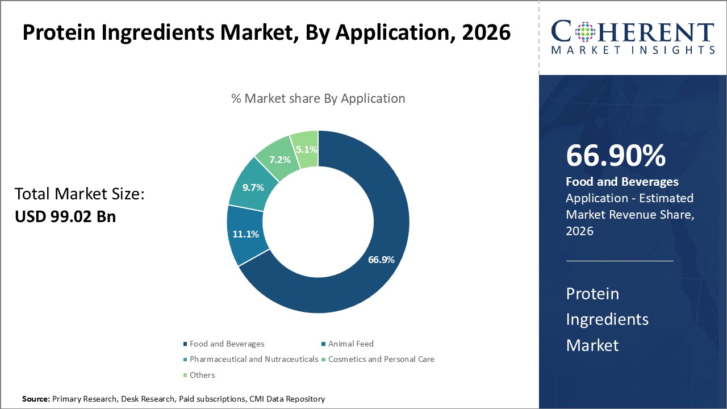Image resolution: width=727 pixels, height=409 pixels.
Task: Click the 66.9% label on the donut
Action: click(x=381, y=260)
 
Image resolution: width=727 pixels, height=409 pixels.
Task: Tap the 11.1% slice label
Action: click(x=245, y=233)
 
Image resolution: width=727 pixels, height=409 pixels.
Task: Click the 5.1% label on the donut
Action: click(x=307, y=149)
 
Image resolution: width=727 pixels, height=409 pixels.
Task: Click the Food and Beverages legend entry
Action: click(x=227, y=344)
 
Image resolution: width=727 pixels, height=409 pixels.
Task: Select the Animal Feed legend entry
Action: click(x=350, y=344)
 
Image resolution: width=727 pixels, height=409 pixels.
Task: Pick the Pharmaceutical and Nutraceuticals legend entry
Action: click(x=253, y=359)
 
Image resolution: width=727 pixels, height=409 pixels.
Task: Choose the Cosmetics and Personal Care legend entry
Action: click(x=381, y=359)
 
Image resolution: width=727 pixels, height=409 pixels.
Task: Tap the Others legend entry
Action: click(x=202, y=375)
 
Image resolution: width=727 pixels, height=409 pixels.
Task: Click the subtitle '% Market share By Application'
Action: click(x=318, y=98)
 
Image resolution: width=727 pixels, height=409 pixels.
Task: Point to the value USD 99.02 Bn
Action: click(x=65, y=216)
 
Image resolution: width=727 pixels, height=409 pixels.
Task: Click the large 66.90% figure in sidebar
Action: click(x=616, y=156)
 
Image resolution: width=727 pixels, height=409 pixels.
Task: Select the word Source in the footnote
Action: click(x=36, y=399)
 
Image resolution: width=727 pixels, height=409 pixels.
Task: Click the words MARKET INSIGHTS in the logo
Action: click(x=633, y=51)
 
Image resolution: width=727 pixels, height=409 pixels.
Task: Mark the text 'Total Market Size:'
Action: click(x=80, y=194)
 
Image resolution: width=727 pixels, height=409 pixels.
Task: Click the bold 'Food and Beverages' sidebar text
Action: click(x=622, y=182)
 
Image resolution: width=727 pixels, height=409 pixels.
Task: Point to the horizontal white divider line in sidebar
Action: click(x=620, y=261)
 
